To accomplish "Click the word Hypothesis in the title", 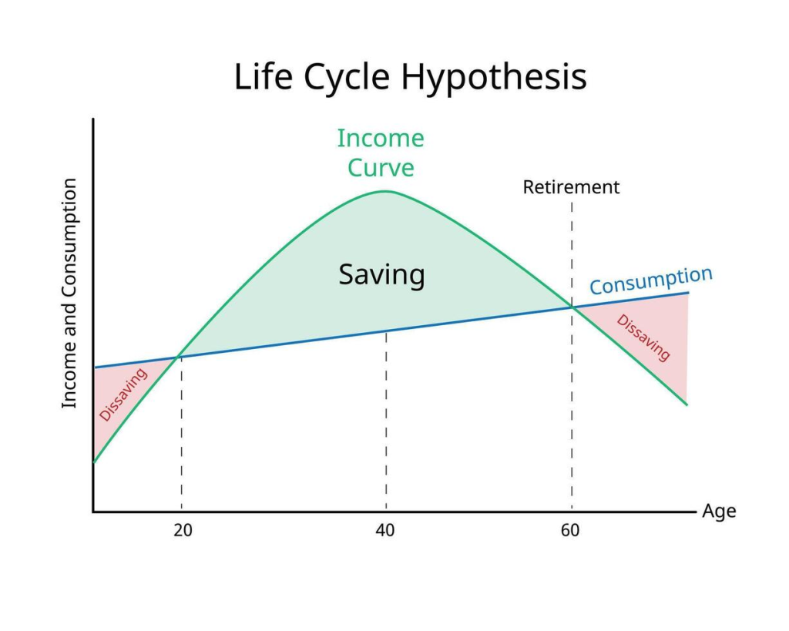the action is pos(494,78).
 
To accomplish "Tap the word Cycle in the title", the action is pos(346,78).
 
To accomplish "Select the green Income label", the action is pos(381,139).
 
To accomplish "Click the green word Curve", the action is pos(381,167).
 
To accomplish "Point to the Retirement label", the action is pos(571,187).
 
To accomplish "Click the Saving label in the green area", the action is pos(381,275).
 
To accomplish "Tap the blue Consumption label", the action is pos(650,280).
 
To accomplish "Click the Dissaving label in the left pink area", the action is pos(123,394).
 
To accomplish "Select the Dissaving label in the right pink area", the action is pos(643,337).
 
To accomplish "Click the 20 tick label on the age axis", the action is pos(183,530).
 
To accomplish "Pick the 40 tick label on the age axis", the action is pos(385,530).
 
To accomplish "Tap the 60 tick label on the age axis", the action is pos(570,530).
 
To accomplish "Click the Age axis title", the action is pos(719,512).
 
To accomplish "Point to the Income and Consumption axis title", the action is pos(69,294).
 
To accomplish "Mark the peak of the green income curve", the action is pos(385,191).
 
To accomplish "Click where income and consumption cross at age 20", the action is pos(178,357).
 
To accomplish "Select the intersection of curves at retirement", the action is pos(572,307).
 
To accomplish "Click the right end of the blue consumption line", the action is pos(688,293).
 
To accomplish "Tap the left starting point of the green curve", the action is pos(94,462).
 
